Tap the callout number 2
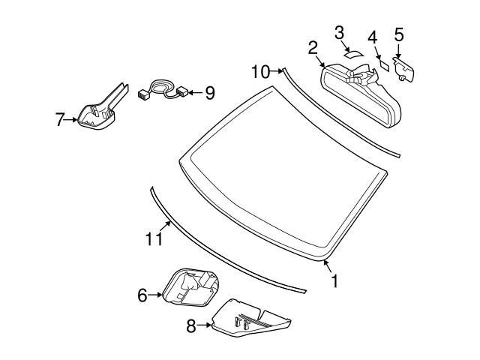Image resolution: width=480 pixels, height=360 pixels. pyautogui.click(x=313, y=49)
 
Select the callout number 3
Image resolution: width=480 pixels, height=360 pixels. pyautogui.click(x=339, y=32)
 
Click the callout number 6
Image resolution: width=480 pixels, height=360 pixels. pyautogui.click(x=142, y=295)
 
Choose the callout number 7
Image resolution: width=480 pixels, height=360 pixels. pyautogui.click(x=61, y=119)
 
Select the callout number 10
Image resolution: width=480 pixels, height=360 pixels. pyautogui.click(x=260, y=72)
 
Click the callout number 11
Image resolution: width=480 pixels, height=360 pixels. pyautogui.click(x=153, y=238)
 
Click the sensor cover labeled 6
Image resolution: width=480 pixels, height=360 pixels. pyautogui.click(x=190, y=288)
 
